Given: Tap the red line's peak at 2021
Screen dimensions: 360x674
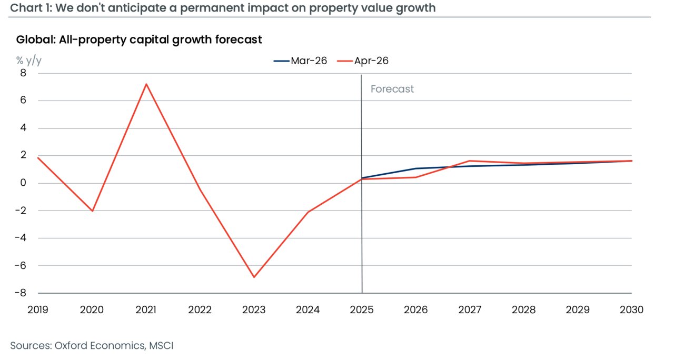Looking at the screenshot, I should click(x=146, y=84).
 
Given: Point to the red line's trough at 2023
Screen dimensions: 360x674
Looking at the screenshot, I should click(x=254, y=277).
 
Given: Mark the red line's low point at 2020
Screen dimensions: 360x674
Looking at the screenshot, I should click(x=93, y=211).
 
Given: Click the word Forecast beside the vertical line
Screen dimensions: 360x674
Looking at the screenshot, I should click(x=392, y=89).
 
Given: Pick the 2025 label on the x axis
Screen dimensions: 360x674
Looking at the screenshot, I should click(x=362, y=310).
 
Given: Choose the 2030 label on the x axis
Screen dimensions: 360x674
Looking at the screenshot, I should click(x=631, y=310).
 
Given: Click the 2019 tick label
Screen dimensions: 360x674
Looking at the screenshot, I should click(x=37, y=310).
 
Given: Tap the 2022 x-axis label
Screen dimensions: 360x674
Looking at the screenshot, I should click(x=200, y=310).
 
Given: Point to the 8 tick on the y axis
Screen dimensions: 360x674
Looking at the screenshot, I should click(x=23, y=73).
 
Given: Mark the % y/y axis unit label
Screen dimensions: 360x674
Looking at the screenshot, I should click(x=28, y=60).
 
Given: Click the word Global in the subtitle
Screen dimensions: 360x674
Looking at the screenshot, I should click(x=33, y=39).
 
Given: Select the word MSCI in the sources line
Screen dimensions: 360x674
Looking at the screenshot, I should click(x=161, y=346).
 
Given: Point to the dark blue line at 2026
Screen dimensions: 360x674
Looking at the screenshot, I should click(x=416, y=168).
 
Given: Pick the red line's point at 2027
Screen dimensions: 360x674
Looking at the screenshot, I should click(x=470, y=161).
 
